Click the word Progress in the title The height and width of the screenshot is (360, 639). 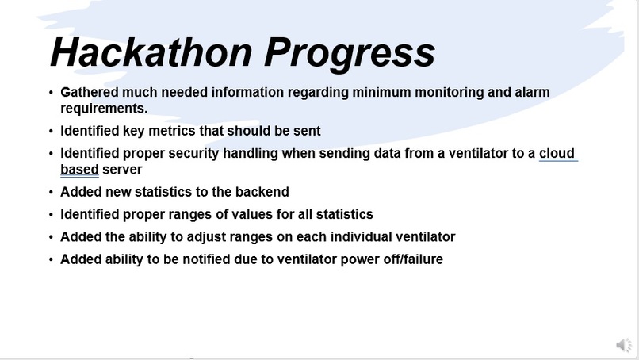[x=350, y=52]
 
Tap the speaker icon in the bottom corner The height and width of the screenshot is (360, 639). [x=624, y=344]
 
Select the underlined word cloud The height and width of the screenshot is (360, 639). [x=557, y=154]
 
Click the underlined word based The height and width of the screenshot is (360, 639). [x=79, y=170]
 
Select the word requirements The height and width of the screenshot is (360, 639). [x=104, y=109]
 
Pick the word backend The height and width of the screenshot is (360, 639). [x=262, y=192]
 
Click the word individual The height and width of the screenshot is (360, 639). [x=353, y=236]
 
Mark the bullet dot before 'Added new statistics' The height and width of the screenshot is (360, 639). [x=52, y=192]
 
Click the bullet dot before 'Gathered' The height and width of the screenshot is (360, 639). [x=52, y=93]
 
